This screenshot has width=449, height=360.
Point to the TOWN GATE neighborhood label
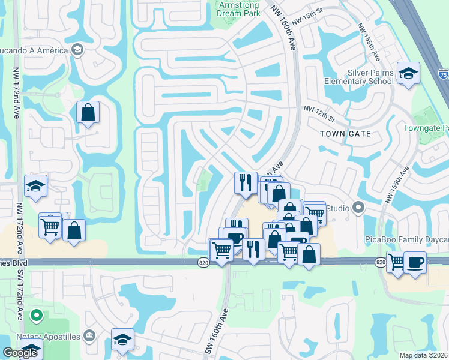pos(345,133)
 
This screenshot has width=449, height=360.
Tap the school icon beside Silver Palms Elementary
pos(408,73)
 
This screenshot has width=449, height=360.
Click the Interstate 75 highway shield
pos(442,74)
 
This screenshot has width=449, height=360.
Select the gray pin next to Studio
pos(359,208)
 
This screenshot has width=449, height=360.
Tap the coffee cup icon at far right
pos(414,262)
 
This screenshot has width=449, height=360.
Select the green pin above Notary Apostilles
pos(36,315)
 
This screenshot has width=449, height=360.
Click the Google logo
pos(20,353)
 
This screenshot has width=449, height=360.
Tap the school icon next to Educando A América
pos(77,50)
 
